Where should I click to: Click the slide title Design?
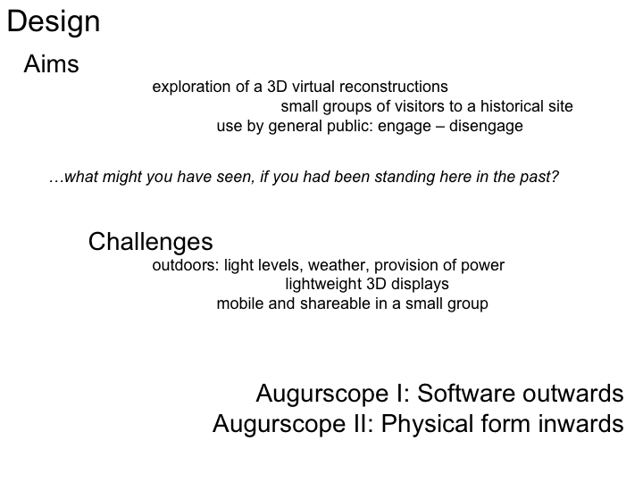point(54,22)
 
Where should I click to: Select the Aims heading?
point(51,64)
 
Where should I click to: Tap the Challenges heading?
point(151,242)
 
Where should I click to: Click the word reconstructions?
point(394,87)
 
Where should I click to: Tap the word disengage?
point(486,126)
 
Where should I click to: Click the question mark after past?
point(555,177)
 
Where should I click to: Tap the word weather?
point(338,265)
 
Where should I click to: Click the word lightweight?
point(322,284)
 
